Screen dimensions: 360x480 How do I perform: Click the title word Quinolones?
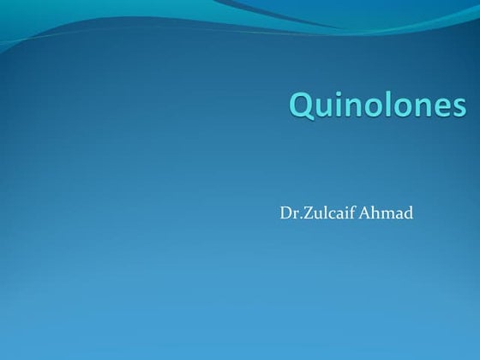pyautogui.click(x=378, y=105)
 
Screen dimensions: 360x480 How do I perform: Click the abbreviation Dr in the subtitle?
pyautogui.click(x=287, y=212)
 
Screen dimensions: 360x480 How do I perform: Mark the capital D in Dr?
pyautogui.click(x=285, y=212)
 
